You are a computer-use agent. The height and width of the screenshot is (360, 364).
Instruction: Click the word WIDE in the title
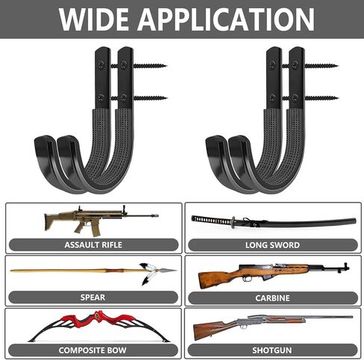tap(94, 19)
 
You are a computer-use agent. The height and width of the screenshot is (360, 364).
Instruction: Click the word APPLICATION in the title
tap(226, 19)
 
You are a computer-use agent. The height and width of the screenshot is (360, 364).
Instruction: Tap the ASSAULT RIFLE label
tap(93, 245)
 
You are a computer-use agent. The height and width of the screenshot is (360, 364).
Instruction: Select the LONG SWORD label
tap(272, 245)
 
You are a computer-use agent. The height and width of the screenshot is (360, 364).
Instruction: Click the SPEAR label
tap(92, 297)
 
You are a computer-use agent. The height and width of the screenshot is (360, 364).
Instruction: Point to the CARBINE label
tap(272, 298)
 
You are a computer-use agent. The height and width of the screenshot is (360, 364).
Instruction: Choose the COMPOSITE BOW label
tap(92, 350)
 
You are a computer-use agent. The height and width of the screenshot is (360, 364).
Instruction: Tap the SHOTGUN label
tap(272, 350)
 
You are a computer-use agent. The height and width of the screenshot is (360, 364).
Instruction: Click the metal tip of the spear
tap(169, 270)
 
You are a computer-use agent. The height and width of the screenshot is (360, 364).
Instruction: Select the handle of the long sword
tap(212, 220)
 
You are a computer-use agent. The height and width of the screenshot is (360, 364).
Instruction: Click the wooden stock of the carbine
tap(219, 278)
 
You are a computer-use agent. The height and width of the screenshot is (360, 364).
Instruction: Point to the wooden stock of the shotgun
tap(211, 329)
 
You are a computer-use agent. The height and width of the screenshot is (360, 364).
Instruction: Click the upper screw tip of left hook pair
tap(166, 66)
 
